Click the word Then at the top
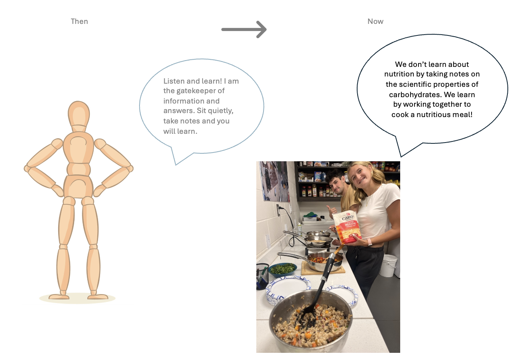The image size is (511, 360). pos(79,22)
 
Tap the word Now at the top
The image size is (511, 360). pos(375,22)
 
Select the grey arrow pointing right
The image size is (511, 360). pos(244,29)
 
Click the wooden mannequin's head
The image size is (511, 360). pos(79,113)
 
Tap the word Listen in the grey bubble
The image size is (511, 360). pos(174,81)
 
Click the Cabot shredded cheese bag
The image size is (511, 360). pos(347,228)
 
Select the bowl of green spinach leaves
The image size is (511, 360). pos(283,269)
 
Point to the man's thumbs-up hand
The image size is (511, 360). pos(331,209)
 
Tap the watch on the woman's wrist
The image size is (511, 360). pos(369,242)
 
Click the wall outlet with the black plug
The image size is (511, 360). pos(279,210)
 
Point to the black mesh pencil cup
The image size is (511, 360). pos(261,276)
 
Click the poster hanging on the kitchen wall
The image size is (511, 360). pos(275,181)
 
